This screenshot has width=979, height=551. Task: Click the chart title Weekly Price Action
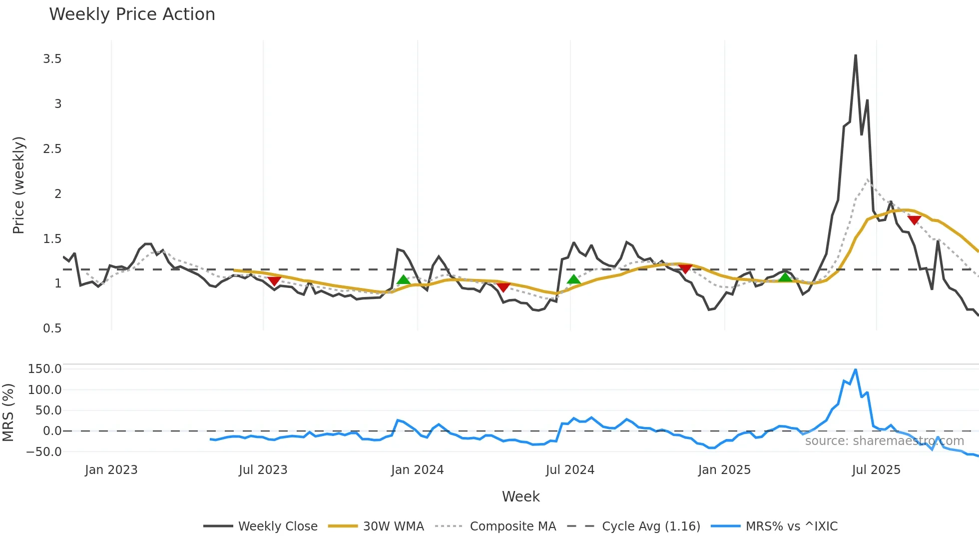pos(132,14)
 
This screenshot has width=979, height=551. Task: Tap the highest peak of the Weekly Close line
pos(856,55)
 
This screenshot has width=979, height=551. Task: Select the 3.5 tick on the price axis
pos(52,59)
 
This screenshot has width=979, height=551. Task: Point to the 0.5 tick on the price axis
pos(52,328)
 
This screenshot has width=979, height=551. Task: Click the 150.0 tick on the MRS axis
pos(44,369)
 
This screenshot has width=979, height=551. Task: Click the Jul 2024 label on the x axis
pos(570,470)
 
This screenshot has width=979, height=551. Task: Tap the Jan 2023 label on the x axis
pos(111,470)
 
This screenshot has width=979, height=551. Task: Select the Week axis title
pos(520,496)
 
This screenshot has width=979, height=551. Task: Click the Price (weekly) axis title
pos(18,185)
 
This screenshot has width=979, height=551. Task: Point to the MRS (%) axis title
pos(8,412)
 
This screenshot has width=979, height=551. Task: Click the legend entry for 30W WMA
pos(393,526)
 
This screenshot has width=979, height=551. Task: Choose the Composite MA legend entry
pos(512,526)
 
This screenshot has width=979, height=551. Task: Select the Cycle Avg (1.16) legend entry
pos(651,526)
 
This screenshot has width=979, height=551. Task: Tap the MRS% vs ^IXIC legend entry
pos(791,526)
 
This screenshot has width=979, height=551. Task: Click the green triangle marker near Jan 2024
pos(403,280)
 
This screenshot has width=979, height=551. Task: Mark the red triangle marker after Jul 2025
pos(914,220)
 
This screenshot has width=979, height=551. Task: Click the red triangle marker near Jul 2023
pos(274,281)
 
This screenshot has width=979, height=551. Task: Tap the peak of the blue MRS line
pos(856,370)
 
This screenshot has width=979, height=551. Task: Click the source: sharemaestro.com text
pos(884,441)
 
